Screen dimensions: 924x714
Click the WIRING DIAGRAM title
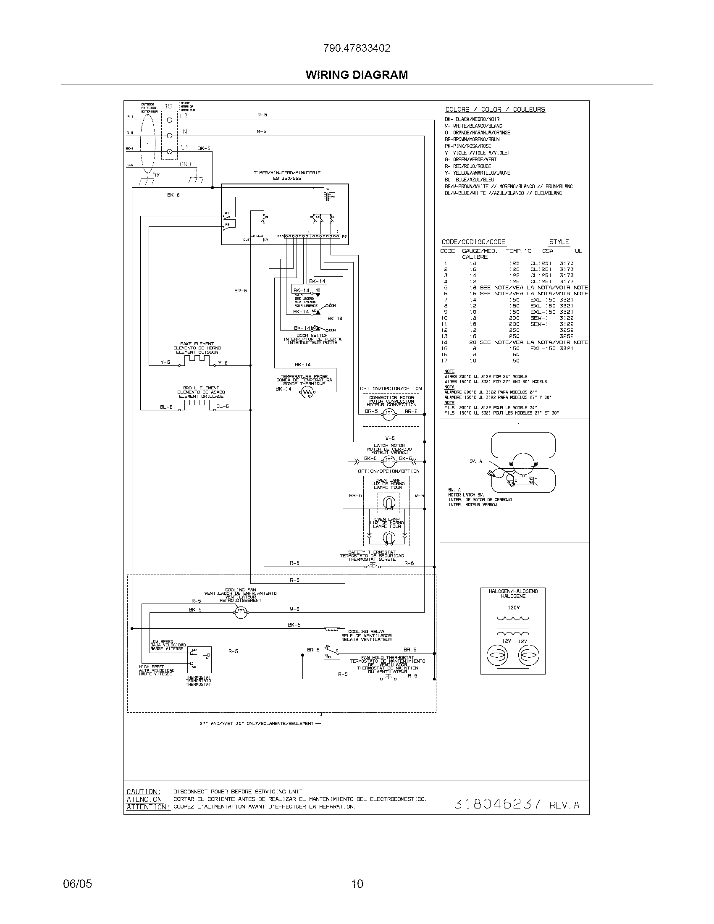pyautogui.click(x=357, y=75)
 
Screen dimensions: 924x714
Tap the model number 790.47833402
pyautogui.click(x=357, y=48)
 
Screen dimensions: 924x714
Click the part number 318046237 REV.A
pyautogui.click(x=516, y=803)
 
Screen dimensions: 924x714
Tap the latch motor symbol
pyautogui.click(x=388, y=461)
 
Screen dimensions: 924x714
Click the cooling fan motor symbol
pyautogui.click(x=241, y=612)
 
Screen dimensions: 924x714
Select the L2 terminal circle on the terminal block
pyautogui.click(x=170, y=120)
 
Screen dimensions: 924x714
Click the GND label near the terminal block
pyautogui.click(x=185, y=164)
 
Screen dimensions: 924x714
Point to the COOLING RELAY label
pyautogui.click(x=366, y=632)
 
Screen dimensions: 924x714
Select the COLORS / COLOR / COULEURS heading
pyautogui.click(x=495, y=110)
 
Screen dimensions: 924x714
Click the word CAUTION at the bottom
pyautogui.click(x=143, y=792)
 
